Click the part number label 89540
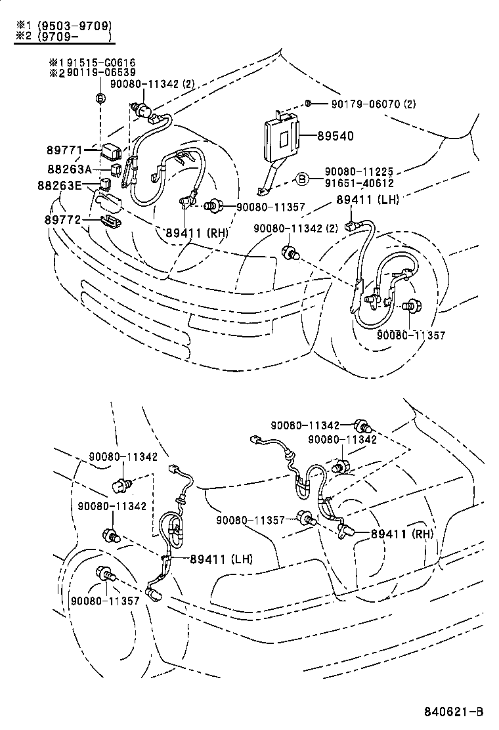[x=336, y=136]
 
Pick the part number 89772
[x=64, y=219]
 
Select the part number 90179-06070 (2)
[x=374, y=104]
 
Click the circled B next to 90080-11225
[x=301, y=179]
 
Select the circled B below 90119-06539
[x=100, y=98]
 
